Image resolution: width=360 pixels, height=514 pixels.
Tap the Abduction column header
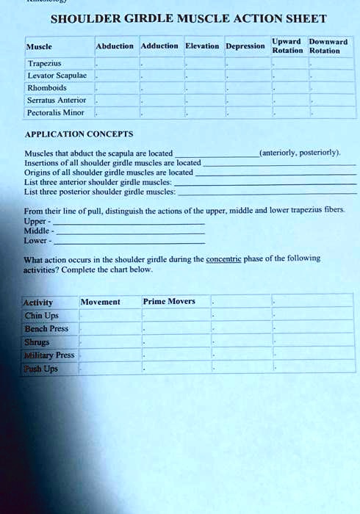(115, 46)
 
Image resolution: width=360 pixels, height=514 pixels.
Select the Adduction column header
(159, 46)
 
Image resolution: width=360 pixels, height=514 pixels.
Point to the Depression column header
(245, 46)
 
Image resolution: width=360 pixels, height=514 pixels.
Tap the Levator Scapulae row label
(51, 76)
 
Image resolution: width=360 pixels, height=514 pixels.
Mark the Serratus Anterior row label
(56, 100)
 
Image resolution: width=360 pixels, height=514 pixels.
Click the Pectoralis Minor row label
(55, 112)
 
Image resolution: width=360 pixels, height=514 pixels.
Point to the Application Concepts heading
(79, 134)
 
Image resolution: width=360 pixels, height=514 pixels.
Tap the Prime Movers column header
(169, 301)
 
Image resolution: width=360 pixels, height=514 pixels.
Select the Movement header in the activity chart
(101, 302)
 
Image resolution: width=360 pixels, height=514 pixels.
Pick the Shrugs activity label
(37, 342)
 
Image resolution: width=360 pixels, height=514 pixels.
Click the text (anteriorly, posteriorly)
(300, 153)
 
